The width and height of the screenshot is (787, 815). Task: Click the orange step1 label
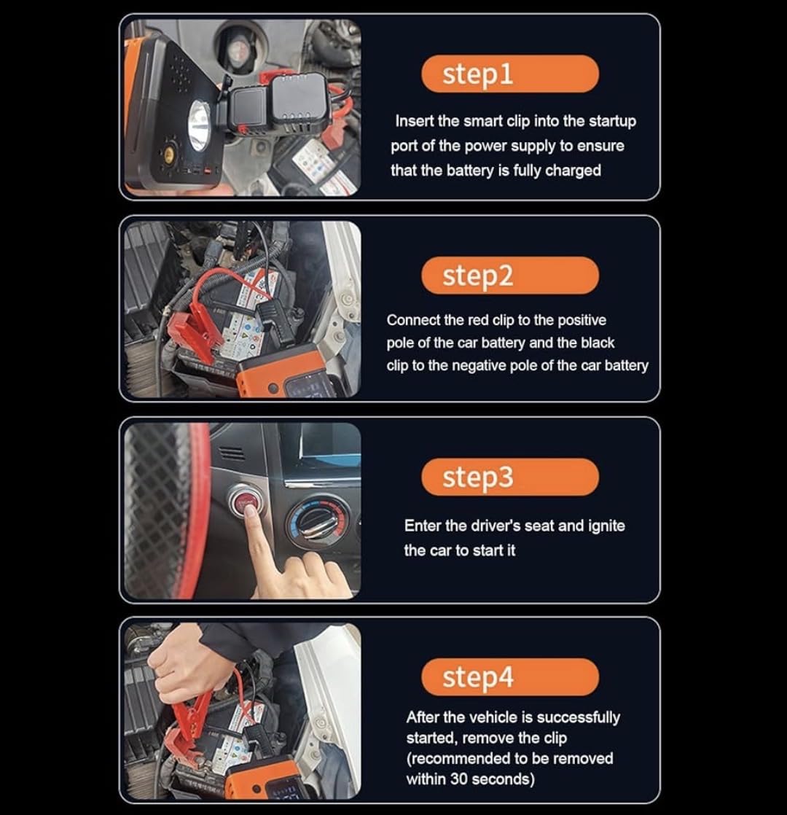509,74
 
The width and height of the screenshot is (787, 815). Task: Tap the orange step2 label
509,276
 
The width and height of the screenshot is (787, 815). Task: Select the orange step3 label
509,477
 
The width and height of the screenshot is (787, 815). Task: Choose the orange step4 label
509,676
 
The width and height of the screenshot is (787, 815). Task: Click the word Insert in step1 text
414,121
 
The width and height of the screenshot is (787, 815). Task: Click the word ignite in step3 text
606,526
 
